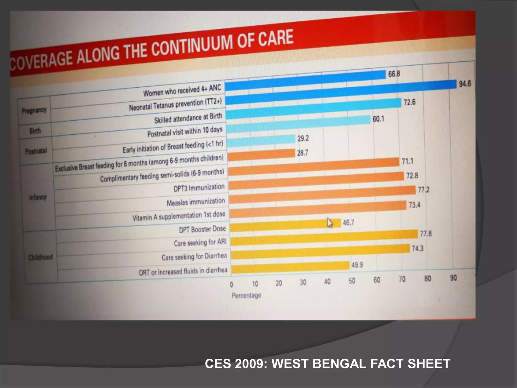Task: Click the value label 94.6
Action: tap(465, 84)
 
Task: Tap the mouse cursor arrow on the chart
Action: tap(330, 223)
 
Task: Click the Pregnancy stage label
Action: tap(34, 110)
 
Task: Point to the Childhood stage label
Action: tap(40, 257)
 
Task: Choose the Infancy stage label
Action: tap(38, 197)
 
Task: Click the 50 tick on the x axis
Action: tap(352, 281)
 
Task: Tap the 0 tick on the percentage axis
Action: tap(231, 285)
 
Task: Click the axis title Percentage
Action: tap(246, 295)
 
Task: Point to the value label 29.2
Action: tap(303, 138)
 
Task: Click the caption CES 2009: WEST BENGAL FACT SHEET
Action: tap(327, 364)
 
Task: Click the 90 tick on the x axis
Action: tap(453, 278)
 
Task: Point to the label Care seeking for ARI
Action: tap(200, 243)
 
